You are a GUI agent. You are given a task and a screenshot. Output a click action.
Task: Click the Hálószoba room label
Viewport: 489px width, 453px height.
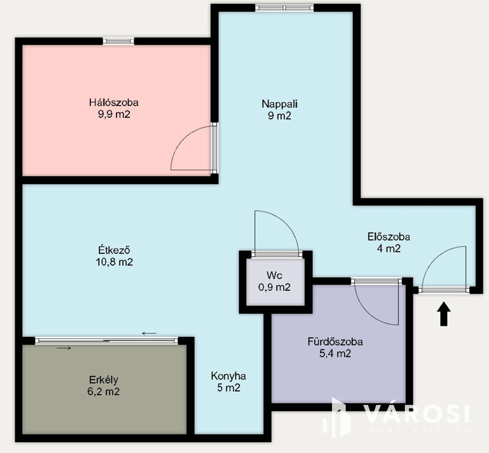tap(114, 103)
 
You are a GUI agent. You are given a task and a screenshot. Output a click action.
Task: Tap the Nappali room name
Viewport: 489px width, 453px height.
tap(279, 104)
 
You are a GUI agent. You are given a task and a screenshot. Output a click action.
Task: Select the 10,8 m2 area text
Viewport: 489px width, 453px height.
tap(114, 262)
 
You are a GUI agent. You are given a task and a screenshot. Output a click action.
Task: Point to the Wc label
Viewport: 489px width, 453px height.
tap(274, 275)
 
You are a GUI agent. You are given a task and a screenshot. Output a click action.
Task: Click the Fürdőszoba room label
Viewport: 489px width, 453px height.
tap(335, 342)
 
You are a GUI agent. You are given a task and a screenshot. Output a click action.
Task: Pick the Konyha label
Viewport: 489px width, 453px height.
tap(228, 376)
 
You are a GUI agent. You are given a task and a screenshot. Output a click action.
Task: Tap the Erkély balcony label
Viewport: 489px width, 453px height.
tap(104, 380)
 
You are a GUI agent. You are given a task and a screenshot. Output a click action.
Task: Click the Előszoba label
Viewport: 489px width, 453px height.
tap(389, 237)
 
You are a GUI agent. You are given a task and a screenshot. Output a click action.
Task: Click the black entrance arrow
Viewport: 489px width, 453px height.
tap(444, 314)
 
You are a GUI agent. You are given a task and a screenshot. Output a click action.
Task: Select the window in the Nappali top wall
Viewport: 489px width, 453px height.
tap(284, 8)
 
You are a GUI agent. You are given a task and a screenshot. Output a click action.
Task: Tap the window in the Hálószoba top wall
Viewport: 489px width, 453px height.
tap(118, 41)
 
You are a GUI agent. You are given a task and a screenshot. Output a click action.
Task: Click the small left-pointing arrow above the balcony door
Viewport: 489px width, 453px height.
tap(149, 334)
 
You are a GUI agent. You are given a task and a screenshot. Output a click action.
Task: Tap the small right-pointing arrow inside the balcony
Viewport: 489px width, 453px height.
tap(64, 348)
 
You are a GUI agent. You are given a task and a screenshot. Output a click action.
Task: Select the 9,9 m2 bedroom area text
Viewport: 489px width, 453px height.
tap(114, 114)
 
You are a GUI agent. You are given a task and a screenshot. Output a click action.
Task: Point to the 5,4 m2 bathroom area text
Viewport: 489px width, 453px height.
tap(335, 353)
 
